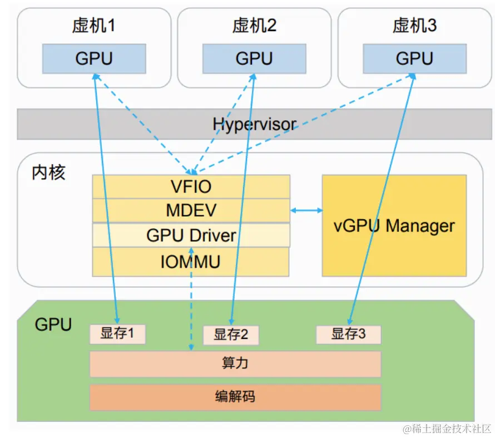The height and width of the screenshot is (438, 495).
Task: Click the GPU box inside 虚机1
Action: point(94,58)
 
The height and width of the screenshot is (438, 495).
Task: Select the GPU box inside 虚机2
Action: point(254,58)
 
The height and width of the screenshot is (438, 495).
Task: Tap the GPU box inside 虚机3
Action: point(414,58)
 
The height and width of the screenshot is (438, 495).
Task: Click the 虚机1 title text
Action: point(94,26)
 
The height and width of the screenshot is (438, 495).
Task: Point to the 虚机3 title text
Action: point(414,26)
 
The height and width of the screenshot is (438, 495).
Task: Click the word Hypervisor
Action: point(254,124)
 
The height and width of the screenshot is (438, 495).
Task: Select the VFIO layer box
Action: point(191,186)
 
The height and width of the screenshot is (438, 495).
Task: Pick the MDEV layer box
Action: point(191,210)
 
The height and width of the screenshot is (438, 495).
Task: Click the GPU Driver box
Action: point(191,235)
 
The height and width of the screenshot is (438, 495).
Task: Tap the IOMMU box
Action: point(191,262)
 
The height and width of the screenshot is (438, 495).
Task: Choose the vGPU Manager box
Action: point(394,225)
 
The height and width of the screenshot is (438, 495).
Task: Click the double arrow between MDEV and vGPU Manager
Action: point(306,210)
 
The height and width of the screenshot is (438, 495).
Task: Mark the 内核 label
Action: point(48,172)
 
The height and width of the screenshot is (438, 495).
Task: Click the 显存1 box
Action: point(117,334)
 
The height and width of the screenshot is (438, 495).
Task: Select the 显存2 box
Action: point(231,335)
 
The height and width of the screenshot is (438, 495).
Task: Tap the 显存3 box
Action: point(349,334)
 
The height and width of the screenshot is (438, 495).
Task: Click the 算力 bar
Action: point(235,364)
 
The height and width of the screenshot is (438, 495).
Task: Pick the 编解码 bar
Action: point(235,397)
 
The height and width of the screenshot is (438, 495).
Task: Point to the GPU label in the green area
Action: point(53,324)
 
